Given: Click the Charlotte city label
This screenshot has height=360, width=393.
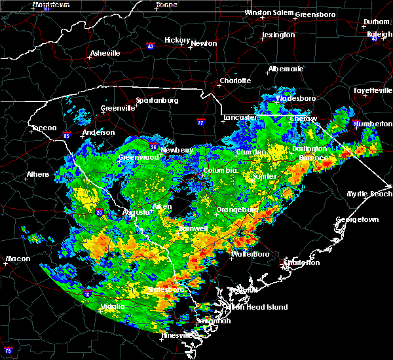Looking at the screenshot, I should point(235,81).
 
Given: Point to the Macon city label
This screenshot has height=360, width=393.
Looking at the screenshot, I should point(18,259).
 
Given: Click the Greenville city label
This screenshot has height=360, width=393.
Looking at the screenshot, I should point(117,109).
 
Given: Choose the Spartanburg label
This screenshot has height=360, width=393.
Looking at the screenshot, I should point(157,100).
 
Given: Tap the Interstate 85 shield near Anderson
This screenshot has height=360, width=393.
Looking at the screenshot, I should point(67,137).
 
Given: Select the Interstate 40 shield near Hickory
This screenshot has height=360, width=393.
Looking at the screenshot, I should point(150,46).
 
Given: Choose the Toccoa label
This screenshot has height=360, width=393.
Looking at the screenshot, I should point(44,128).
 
